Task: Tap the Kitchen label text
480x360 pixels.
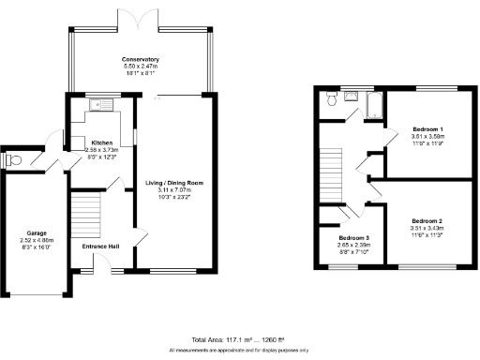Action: pyautogui.click(x=100, y=142)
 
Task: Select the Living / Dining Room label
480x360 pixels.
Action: pyautogui.click(x=174, y=183)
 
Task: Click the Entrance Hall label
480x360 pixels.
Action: pyautogui.click(x=101, y=245)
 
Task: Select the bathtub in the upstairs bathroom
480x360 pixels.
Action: pyautogui.click(x=372, y=103)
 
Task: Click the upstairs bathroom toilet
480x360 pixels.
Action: pyautogui.click(x=331, y=97)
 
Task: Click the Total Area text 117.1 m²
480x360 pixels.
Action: pyautogui.click(x=227, y=339)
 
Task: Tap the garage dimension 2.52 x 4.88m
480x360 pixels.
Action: pyautogui.click(x=37, y=241)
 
